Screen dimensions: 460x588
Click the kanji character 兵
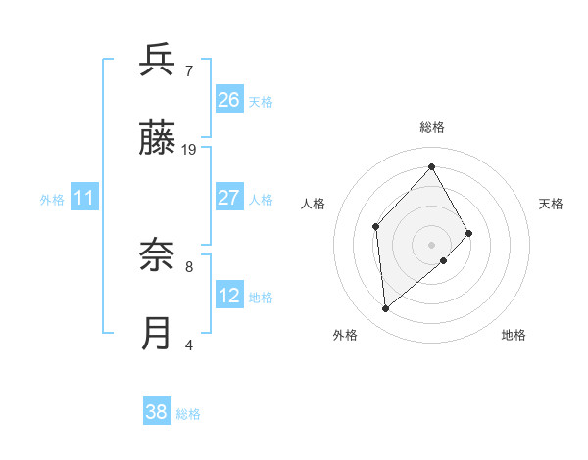point(158,61)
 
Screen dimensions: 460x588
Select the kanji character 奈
point(158,256)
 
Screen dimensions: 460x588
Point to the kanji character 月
point(158,334)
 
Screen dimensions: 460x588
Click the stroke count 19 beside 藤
point(189,149)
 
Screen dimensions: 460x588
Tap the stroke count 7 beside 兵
point(189,71)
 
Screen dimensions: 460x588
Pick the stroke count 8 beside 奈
point(189,265)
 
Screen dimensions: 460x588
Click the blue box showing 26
point(228,100)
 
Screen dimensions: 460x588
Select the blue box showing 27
point(228,198)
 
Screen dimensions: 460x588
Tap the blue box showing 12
point(228,296)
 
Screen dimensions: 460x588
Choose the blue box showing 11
point(84,199)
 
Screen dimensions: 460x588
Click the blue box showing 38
point(157,412)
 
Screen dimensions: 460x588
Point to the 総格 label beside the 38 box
point(188,414)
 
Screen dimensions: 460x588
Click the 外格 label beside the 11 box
point(52,200)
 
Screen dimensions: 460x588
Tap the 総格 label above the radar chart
point(432,127)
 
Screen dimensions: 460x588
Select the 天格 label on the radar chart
point(552,204)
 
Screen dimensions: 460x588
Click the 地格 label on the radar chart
point(514,335)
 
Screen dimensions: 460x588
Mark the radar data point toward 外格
point(386,309)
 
